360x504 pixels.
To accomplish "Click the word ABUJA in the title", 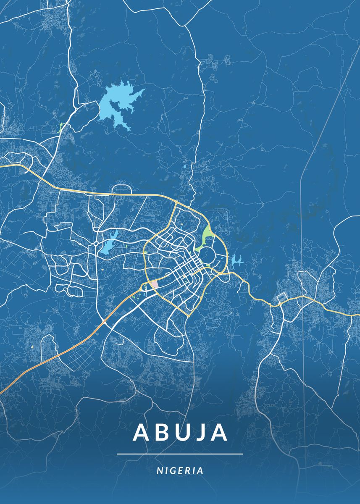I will click(x=180, y=433).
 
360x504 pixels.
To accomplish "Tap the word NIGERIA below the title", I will click(x=180, y=471).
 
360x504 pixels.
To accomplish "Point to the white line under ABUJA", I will click(x=180, y=454).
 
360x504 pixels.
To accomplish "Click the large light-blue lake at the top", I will click(x=118, y=103).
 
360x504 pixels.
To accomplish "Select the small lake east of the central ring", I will click(x=236, y=261).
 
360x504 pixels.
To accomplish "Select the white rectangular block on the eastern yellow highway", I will click(x=281, y=299).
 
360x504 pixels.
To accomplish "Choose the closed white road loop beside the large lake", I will click(x=78, y=115).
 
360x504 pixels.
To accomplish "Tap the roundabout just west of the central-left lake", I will click(x=96, y=243).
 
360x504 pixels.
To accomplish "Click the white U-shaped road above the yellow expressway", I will click(x=121, y=188).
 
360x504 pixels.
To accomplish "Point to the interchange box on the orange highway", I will click(x=104, y=322).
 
